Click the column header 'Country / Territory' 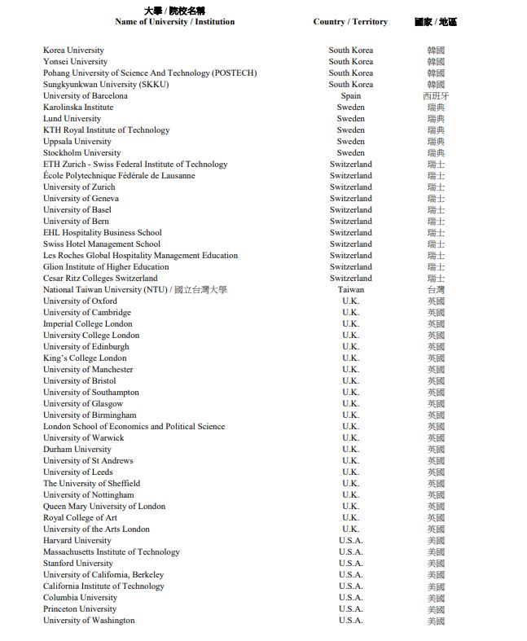[x=350, y=22]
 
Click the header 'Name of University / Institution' [x=174, y=22]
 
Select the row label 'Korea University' [x=73, y=50]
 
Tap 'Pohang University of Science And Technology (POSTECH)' [x=150, y=73]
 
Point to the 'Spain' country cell [x=351, y=96]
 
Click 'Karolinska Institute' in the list [x=78, y=108]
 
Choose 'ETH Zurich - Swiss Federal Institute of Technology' [x=135, y=165]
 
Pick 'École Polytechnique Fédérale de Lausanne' [x=119, y=176]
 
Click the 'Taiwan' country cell [x=351, y=290]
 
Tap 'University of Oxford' [x=80, y=301]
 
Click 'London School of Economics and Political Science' [x=134, y=427]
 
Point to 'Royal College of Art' [x=80, y=518]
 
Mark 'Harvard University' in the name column [x=77, y=541]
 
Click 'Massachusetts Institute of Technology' [x=112, y=552]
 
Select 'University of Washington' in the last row [x=89, y=621]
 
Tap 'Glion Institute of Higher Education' [x=106, y=267]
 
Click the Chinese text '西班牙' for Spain [x=436, y=96]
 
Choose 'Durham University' [x=77, y=450]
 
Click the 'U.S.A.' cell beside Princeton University [x=351, y=609]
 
